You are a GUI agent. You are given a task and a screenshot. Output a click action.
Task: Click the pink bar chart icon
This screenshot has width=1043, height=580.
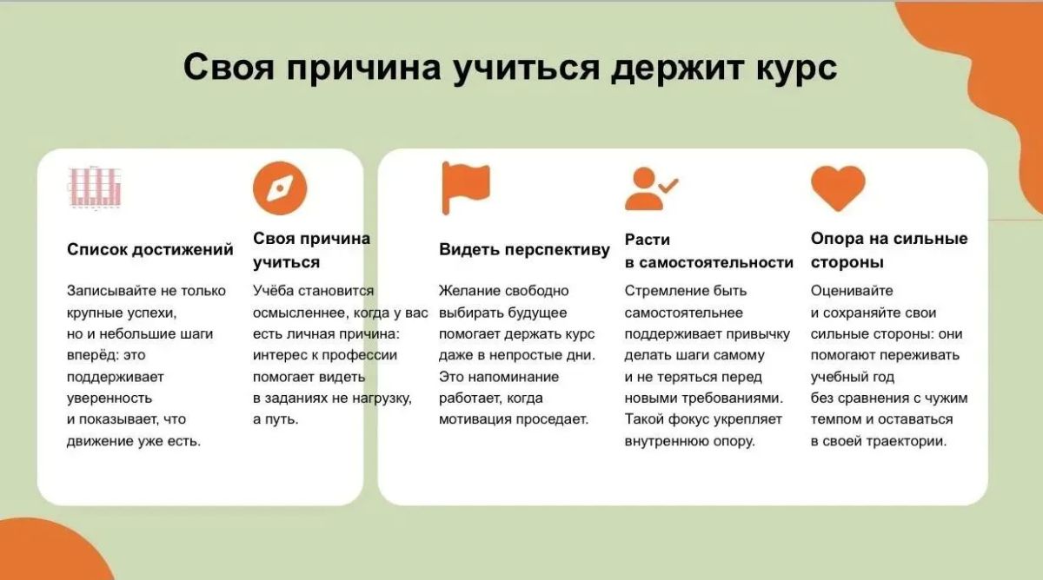95,188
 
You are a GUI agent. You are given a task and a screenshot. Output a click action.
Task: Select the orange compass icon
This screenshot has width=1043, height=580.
280,188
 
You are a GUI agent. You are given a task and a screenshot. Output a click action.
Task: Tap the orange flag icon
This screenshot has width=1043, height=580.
466,188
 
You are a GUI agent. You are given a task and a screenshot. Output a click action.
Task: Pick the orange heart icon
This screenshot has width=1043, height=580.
838,188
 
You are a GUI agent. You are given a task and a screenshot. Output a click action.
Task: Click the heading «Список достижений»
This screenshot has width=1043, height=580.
149,250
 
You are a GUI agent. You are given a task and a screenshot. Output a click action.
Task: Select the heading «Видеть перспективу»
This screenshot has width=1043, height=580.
524,250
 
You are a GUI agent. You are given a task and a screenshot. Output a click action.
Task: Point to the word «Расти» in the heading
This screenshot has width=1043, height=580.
648,240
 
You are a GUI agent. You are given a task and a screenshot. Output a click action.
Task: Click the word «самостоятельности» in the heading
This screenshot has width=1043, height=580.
715,263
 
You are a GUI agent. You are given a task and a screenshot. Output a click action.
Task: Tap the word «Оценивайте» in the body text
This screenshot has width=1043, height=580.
852,291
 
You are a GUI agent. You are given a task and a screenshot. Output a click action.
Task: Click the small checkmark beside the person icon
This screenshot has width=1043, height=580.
668,186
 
